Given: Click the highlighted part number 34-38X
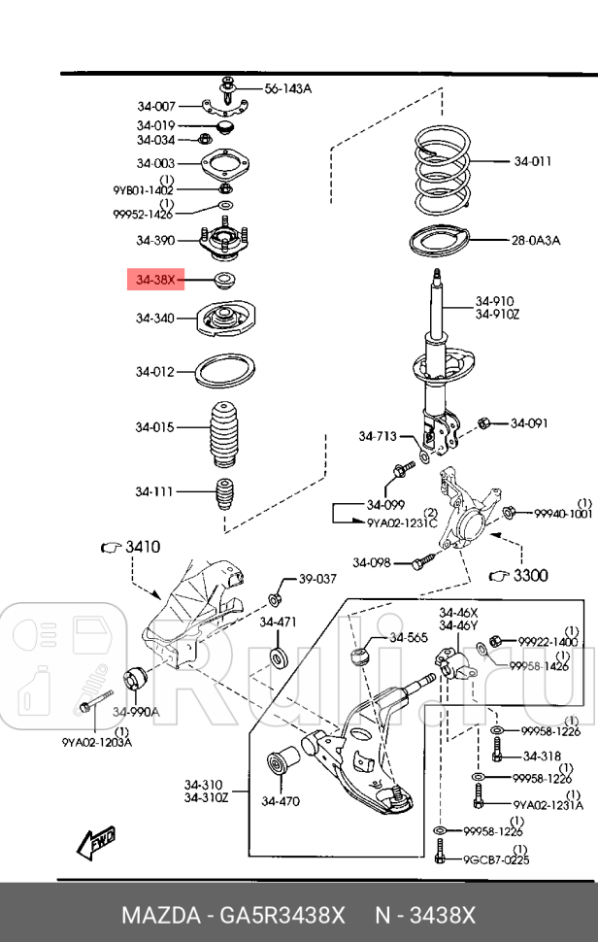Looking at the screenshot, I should tap(155, 281).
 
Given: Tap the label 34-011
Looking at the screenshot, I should tap(533, 162).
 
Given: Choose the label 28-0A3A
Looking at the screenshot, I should tap(536, 240).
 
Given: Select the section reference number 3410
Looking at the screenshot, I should tap(142, 548).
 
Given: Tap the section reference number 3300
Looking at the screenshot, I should tap(530, 576).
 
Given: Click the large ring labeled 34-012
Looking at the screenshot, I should tap(224, 371).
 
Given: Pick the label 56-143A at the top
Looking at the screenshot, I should tap(287, 88).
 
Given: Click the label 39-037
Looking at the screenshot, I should tap(316, 579).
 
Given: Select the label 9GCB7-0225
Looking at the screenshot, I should tap(495, 858).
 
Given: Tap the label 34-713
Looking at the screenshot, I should tap(378, 436).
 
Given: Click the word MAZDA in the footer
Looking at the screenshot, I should tap(157, 916).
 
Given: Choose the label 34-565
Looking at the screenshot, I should tap(408, 638).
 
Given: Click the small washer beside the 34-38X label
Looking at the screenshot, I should tap(223, 282).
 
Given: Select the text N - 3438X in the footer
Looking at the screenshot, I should tap(425, 916).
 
